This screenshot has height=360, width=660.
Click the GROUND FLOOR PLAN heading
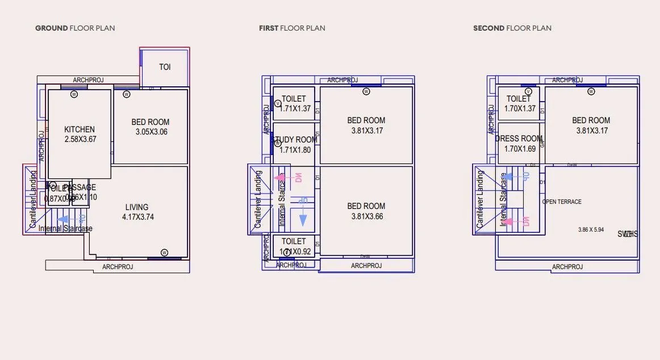(x=75, y=28)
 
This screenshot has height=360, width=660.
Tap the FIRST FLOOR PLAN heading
(x=292, y=28)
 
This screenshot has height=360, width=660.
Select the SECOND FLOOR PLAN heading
(x=512, y=28)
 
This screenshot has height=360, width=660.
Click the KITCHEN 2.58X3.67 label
(x=80, y=134)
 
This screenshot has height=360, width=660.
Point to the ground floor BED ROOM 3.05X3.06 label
(x=151, y=127)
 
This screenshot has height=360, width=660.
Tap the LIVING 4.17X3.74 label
(x=137, y=212)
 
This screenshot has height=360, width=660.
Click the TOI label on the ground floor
(x=165, y=67)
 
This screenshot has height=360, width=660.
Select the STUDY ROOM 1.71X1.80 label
(x=295, y=145)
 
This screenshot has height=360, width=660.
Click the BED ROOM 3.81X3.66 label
(x=366, y=211)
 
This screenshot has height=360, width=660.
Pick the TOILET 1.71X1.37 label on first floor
(x=294, y=103)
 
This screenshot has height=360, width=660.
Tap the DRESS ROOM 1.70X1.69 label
(x=520, y=144)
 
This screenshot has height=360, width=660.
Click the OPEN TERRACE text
(x=562, y=202)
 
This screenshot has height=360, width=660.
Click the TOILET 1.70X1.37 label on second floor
(x=519, y=103)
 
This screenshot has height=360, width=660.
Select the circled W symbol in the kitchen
(x=74, y=95)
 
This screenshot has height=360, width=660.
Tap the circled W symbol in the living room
(x=164, y=252)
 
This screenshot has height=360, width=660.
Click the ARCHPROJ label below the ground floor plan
(x=118, y=267)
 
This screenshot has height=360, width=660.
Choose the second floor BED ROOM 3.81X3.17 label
(x=591, y=125)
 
